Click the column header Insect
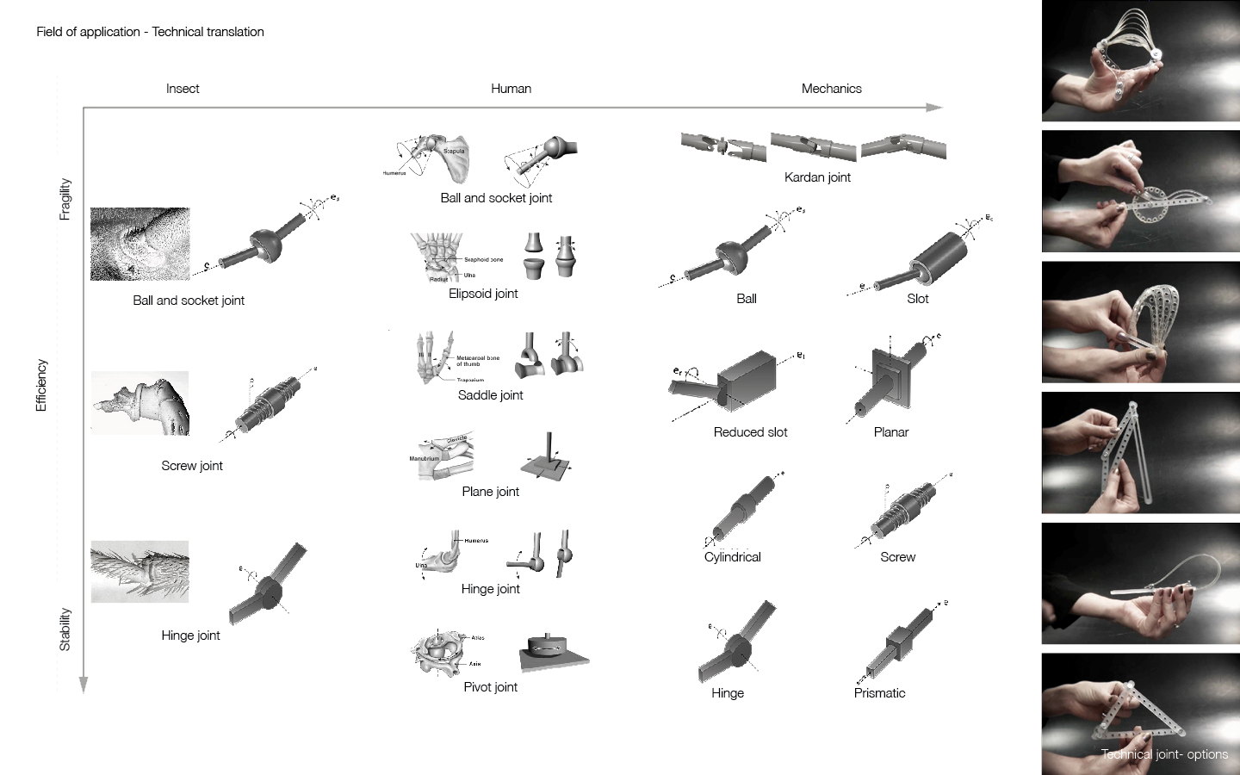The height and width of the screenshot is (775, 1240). pos(183,89)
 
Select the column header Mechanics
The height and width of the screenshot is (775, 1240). pos(831,89)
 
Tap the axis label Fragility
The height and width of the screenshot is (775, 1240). pos(65,199)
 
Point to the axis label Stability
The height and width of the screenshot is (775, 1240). pos(65,629)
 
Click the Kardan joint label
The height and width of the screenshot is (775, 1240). pos(817,177)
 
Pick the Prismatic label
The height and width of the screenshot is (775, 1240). pos(879,693)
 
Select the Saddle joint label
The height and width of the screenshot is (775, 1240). pos(490,395)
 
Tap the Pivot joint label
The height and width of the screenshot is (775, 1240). pos(490,687)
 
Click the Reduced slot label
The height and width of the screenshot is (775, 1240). pos(750,432)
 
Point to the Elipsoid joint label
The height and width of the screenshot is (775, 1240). pos(483,294)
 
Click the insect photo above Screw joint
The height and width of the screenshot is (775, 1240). pos(139,403)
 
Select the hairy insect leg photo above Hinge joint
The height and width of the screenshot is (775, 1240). pos(139,571)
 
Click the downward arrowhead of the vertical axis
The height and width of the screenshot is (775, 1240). pos(84,685)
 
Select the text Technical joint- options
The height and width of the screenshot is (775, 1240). pos(1164,754)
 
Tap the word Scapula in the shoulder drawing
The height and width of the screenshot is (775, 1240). pos(454,152)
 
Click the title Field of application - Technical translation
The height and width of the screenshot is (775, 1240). pos(150,32)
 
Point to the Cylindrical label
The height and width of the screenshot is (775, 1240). pos(732,557)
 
